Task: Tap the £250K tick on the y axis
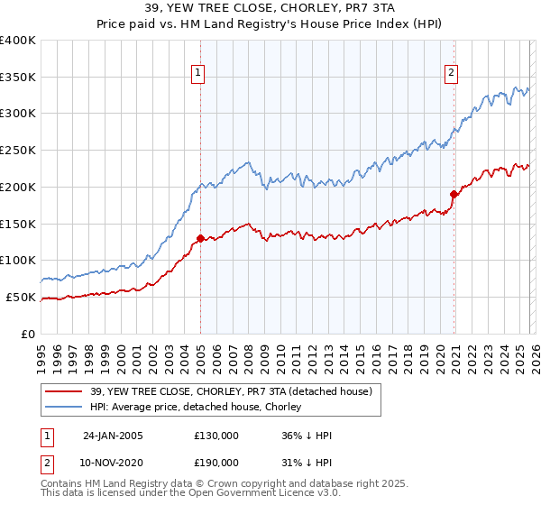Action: click(18, 150)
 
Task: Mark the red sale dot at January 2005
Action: click(200, 238)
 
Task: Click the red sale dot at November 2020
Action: click(454, 193)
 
